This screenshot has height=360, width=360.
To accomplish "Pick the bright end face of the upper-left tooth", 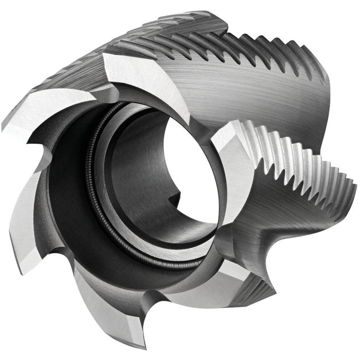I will (x=46, y=107).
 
